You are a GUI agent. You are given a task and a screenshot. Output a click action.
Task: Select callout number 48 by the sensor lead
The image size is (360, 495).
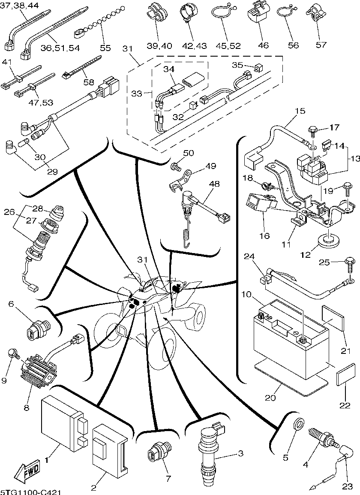(x=214, y=184)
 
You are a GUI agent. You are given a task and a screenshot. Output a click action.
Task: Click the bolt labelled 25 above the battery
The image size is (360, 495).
(x=348, y=263)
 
